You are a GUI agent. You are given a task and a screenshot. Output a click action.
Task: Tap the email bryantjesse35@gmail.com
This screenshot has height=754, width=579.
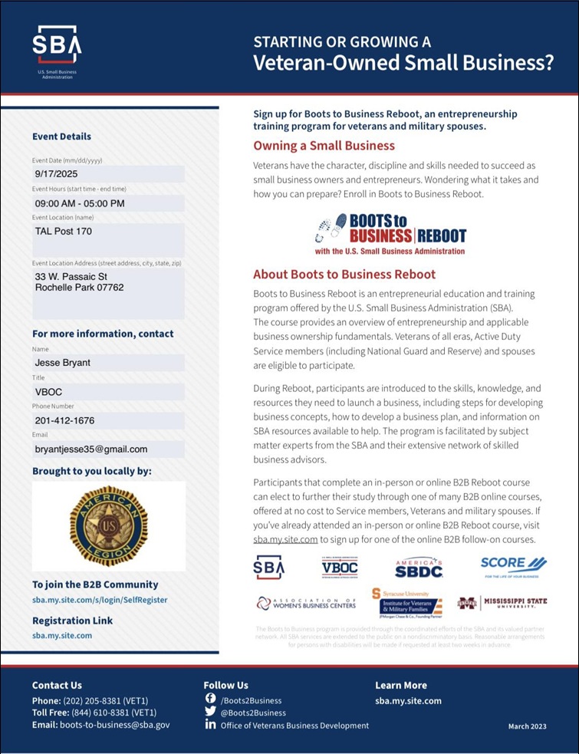point(91,449)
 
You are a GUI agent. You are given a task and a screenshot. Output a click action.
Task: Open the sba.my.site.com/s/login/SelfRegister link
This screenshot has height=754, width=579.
point(100,600)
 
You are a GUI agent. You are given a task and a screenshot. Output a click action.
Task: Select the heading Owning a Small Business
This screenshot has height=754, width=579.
point(324,146)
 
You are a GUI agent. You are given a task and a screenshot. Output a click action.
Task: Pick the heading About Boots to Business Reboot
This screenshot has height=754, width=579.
point(344,275)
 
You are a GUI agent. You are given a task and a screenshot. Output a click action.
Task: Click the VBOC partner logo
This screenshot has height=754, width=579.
point(340,567)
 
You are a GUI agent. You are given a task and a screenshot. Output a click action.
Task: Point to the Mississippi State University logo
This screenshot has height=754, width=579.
point(502,603)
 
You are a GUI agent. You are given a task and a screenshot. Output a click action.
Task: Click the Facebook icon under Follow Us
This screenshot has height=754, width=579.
point(211,699)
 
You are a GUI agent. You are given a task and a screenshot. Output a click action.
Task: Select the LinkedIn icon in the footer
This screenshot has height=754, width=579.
point(211,725)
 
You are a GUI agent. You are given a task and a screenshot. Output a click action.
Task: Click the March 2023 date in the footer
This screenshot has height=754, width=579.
point(527,726)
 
